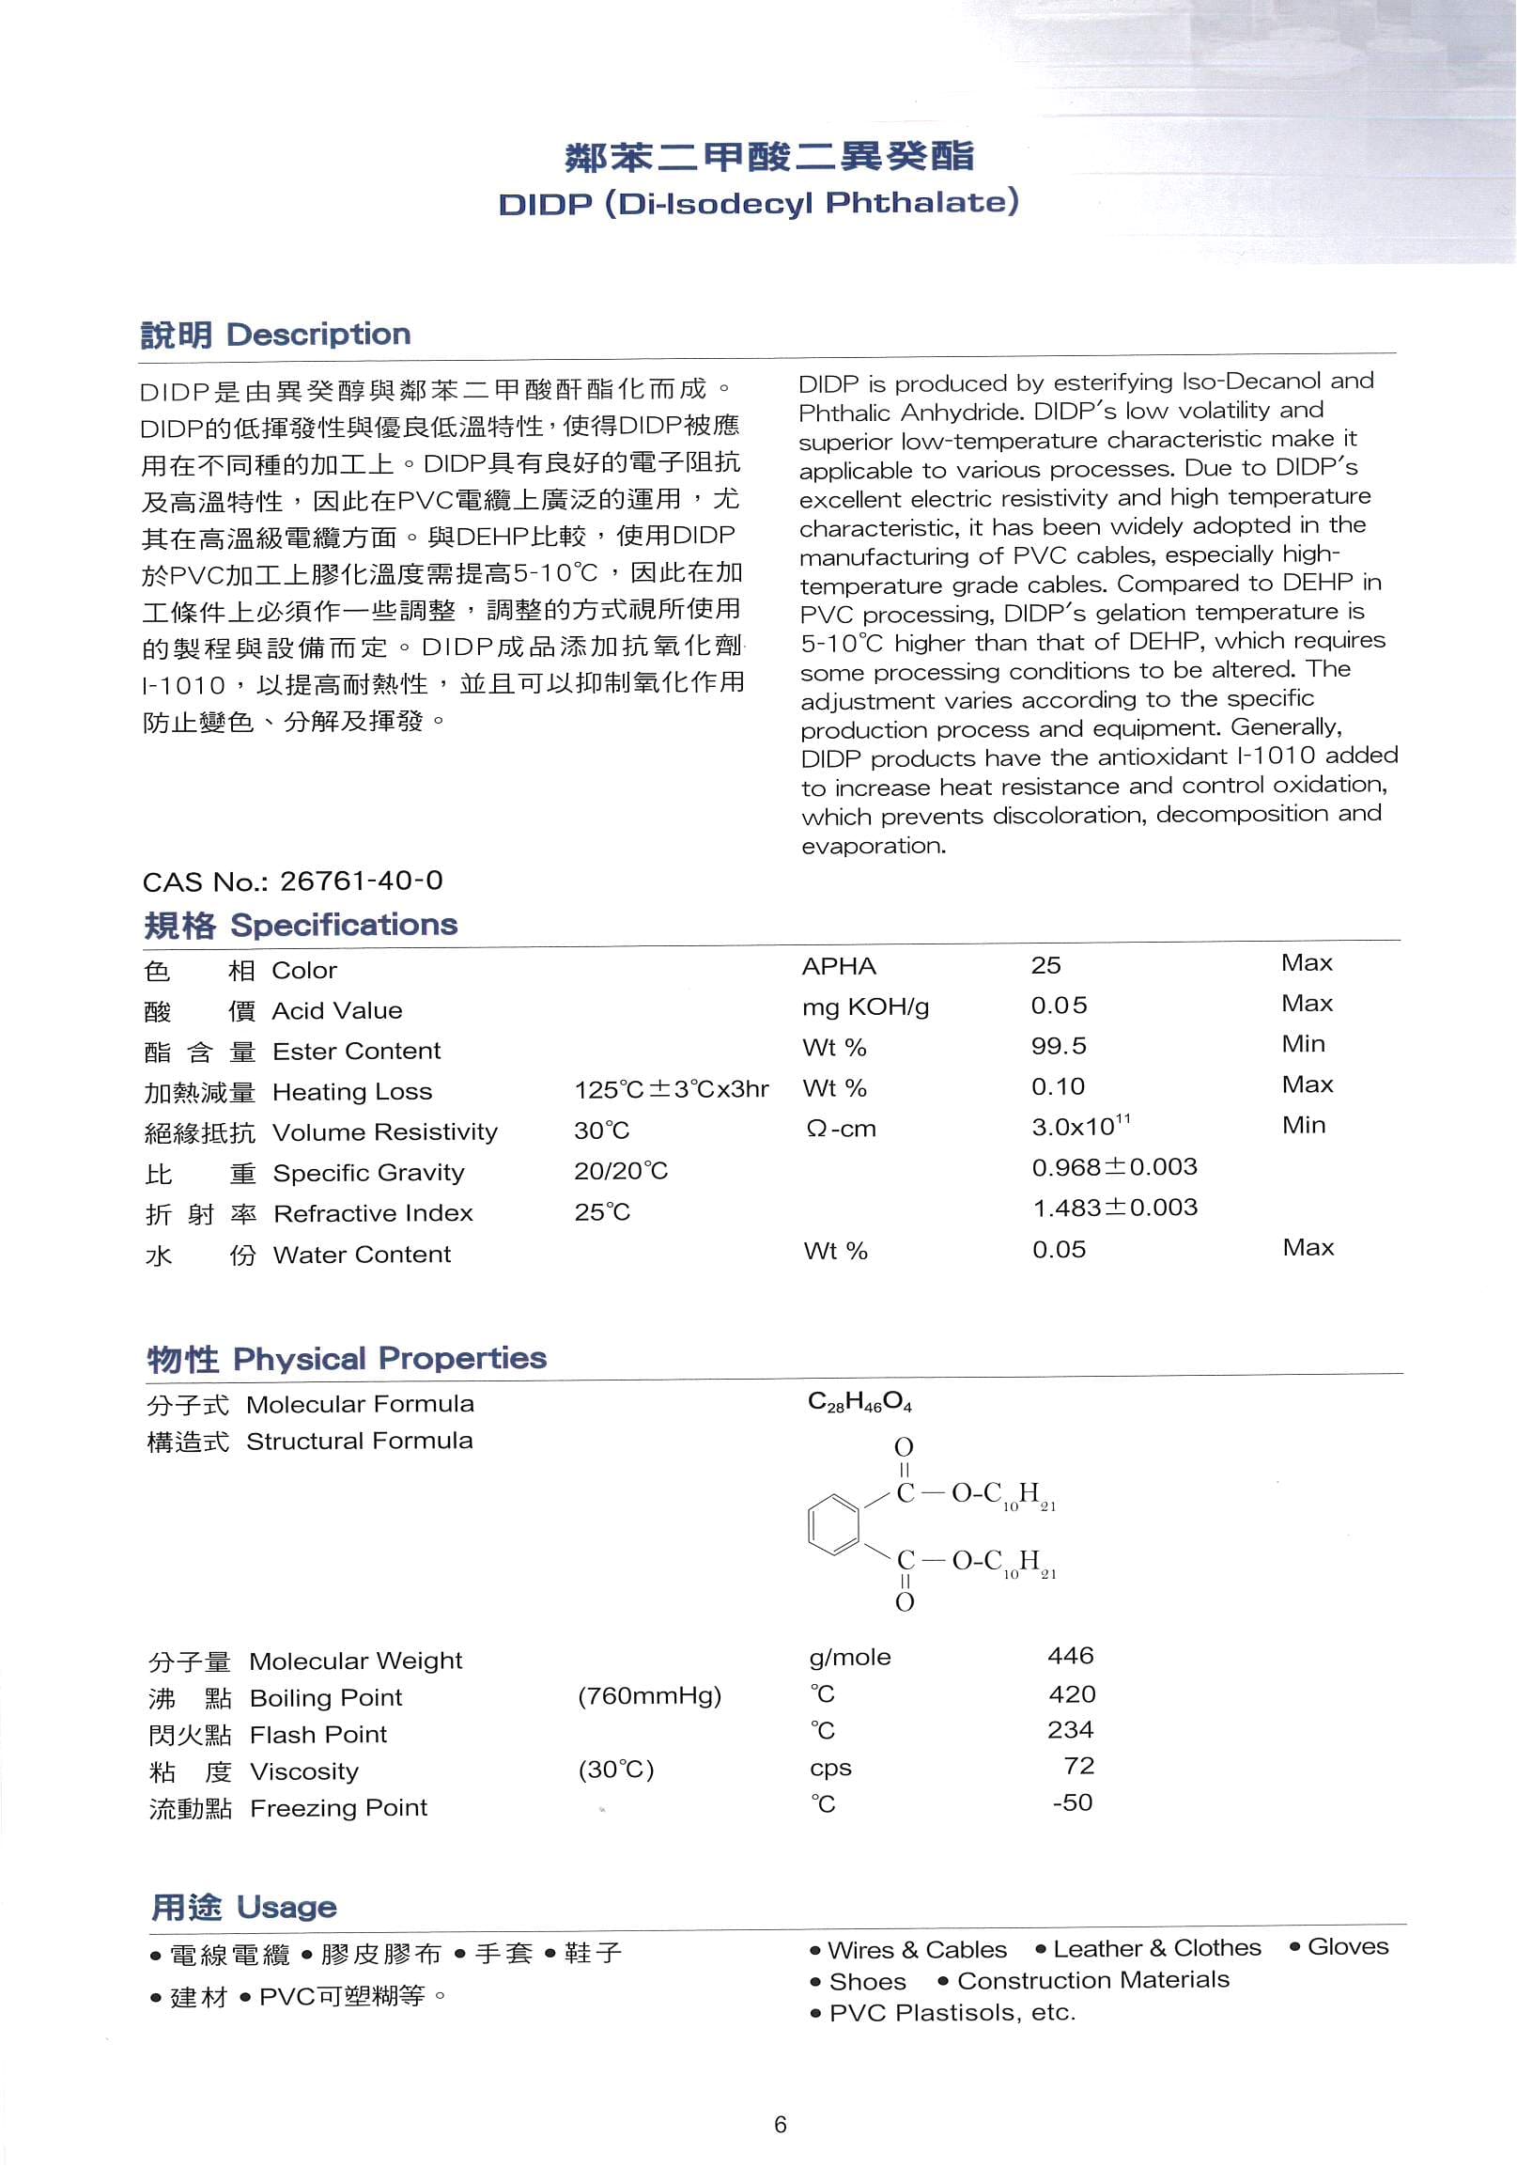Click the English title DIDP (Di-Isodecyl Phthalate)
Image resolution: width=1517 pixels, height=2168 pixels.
pos(758,203)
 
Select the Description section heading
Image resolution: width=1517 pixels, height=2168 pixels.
pos(274,335)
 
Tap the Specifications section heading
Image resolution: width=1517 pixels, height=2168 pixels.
pos(301,925)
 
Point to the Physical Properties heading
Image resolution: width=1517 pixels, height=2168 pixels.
pos(347,1359)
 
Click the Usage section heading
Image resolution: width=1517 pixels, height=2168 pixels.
pos(243,1908)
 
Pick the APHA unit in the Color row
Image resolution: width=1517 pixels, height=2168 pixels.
pos(838,966)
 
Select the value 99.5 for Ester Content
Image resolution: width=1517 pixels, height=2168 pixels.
pos(1059,1046)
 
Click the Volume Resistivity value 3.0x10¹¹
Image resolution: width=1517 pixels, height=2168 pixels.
pos(1080,1126)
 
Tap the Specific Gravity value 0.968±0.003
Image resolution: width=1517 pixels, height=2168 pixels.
pos(1114,1167)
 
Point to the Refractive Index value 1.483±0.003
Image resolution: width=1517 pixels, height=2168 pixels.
pos(1114,1208)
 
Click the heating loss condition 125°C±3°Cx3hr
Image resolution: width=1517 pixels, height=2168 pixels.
pos(672,1089)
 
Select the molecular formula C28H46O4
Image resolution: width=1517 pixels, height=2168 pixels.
pos(859,1402)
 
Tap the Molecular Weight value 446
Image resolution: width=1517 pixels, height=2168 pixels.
pos(1071,1655)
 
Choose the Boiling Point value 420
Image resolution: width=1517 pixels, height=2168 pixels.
pos(1072,1694)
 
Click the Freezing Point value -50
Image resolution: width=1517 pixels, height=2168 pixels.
pos(1073,1801)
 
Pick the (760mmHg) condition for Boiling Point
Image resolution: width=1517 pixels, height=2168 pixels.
pos(649,1696)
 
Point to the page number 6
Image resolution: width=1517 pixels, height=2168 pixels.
pos(780,2125)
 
